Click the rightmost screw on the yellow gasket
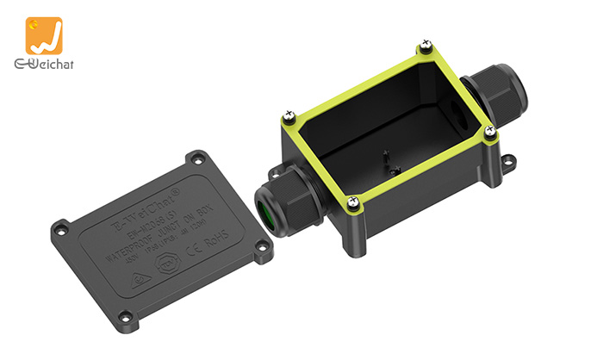click(490, 131)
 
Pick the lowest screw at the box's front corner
click(353, 202)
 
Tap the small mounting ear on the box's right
click(508, 160)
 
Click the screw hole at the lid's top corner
click(199, 158)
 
